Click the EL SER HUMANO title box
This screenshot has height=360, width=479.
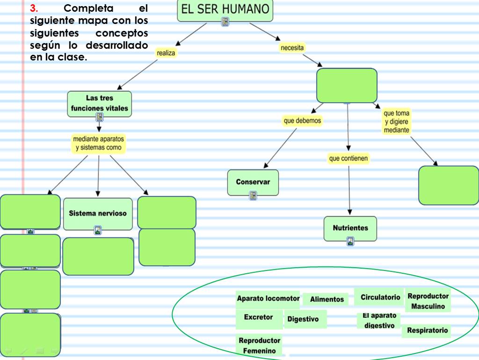click(x=225, y=10)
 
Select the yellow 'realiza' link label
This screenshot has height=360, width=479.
click(x=166, y=53)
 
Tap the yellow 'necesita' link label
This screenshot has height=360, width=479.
click(x=292, y=48)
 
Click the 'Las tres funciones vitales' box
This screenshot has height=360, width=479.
click(x=99, y=103)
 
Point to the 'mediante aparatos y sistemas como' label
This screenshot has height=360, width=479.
click(x=99, y=143)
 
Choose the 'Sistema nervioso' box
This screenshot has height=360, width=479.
click(x=98, y=213)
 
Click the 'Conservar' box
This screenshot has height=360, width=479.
click(x=253, y=182)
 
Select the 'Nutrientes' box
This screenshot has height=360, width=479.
click(x=350, y=228)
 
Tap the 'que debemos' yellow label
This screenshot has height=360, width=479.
click(x=303, y=121)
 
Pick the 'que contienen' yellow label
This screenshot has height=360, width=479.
click(x=348, y=159)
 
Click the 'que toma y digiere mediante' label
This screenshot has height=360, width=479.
click(x=396, y=122)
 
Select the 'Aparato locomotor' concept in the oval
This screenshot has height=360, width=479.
click(x=268, y=299)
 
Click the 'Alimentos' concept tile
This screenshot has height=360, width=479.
click(x=327, y=300)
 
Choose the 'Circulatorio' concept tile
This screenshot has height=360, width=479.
click(x=380, y=297)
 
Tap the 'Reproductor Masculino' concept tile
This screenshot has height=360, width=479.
click(x=428, y=301)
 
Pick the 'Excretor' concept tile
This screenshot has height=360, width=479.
click(x=258, y=317)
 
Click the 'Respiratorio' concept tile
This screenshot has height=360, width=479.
click(x=427, y=331)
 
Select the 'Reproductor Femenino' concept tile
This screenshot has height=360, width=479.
click(x=259, y=345)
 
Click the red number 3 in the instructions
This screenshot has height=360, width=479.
click(x=33, y=8)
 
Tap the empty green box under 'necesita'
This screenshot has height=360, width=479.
click(x=347, y=85)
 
